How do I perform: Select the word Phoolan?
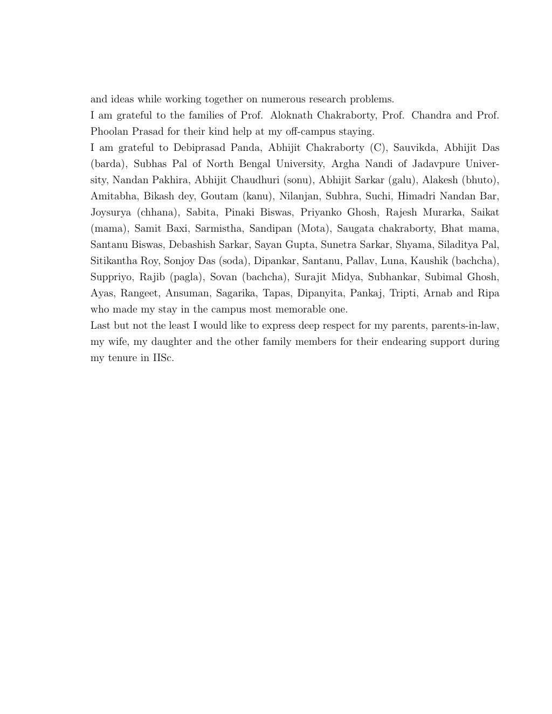tap(108, 131)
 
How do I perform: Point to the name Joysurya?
tap(111, 212)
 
